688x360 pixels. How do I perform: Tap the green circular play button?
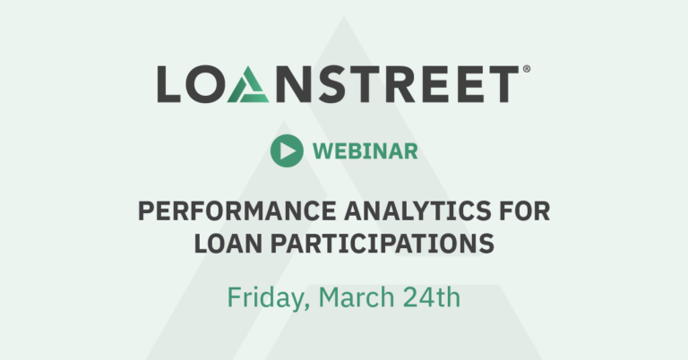tap(287, 150)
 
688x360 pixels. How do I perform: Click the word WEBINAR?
tap(365, 151)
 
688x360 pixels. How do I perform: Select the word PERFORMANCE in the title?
tap(236, 211)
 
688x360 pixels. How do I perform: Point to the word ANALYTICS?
tap(417, 211)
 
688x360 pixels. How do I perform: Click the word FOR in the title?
tap(525, 211)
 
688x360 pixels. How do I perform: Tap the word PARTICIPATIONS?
tap(383, 244)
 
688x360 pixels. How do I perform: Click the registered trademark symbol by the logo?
tap(527, 69)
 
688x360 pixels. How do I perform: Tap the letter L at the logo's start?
tap(169, 84)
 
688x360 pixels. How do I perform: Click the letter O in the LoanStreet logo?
tap(202, 84)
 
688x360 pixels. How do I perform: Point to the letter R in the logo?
tap(399, 84)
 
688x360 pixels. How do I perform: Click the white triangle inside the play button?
tap(288, 150)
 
